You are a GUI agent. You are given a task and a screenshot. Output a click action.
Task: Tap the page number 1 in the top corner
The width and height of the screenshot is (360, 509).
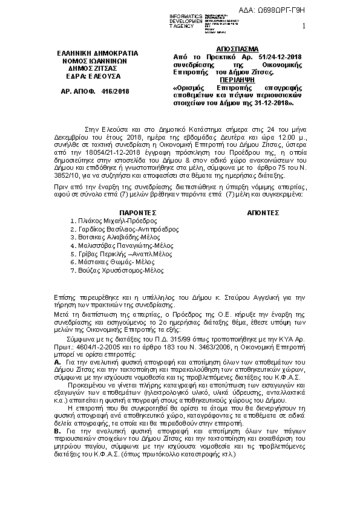tap(304, 25)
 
